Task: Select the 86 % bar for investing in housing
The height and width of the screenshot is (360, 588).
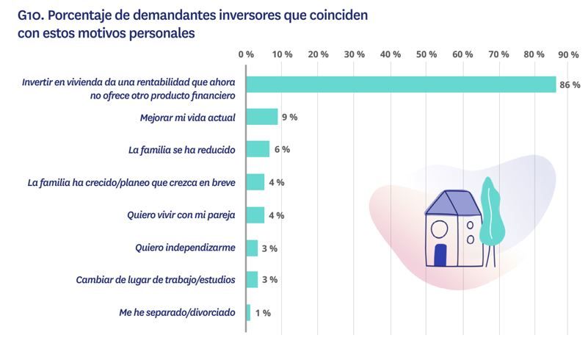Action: point(401,84)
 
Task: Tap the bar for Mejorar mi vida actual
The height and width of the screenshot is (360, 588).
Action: point(261,117)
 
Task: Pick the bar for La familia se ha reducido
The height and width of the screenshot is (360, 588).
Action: point(258,149)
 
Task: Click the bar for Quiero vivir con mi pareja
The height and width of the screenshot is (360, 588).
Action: point(255,215)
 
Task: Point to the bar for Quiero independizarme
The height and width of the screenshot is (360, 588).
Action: point(252,248)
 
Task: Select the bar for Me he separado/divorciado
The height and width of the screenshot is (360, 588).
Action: point(248,312)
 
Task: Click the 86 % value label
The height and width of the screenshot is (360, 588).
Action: point(570,85)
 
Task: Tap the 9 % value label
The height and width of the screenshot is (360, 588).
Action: point(288,118)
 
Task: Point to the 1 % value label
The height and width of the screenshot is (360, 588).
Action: point(263,313)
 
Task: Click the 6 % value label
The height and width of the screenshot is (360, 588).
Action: point(282,150)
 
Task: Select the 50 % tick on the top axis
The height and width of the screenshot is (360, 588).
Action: point(427,54)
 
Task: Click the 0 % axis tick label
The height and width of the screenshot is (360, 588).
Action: point(246,54)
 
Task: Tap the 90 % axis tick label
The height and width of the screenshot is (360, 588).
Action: point(568,54)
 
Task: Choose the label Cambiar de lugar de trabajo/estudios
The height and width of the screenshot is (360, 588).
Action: point(156,280)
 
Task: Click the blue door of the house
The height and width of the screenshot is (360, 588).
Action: point(440,256)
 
